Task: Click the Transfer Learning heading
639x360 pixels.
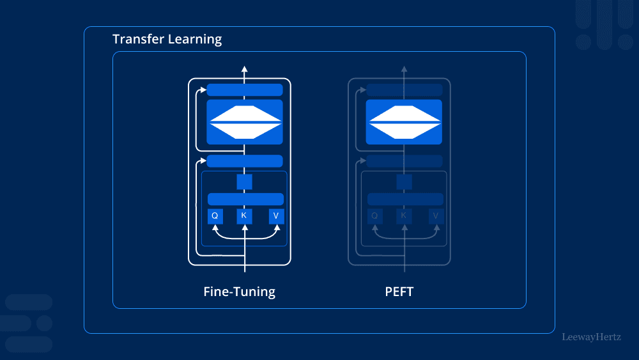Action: click(167, 39)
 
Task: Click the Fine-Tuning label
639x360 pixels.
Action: click(239, 292)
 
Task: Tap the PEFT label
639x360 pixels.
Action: click(399, 292)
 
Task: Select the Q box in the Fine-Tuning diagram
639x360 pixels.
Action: click(215, 216)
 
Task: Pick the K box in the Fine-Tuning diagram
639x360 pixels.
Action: click(244, 216)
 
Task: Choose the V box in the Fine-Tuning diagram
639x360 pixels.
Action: click(276, 216)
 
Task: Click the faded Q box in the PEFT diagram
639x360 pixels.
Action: click(374, 216)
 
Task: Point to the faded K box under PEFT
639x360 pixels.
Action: click(404, 216)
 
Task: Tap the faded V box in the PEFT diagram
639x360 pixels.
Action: click(436, 216)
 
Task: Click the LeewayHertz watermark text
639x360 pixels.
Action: click(591, 336)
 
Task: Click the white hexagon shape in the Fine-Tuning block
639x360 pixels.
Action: click(245, 121)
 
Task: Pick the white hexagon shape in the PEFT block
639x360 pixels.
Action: click(404, 121)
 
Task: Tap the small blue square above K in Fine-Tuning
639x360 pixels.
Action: click(244, 182)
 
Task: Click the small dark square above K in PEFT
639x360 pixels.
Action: click(404, 182)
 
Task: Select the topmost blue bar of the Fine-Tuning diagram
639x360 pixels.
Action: click(245, 90)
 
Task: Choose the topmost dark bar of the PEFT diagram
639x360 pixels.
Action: click(404, 90)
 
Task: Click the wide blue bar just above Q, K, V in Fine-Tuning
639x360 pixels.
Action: click(245, 199)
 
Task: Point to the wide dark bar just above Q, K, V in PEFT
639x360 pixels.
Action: click(405, 199)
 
